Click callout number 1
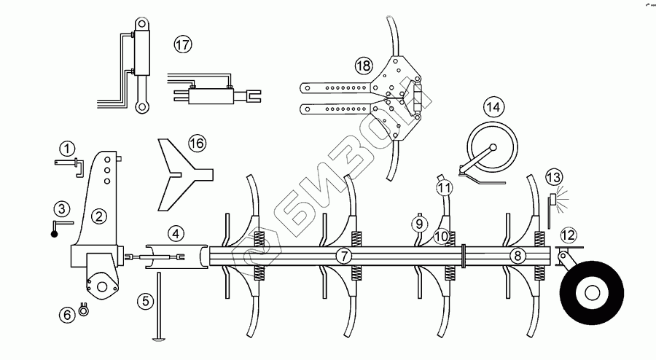68,149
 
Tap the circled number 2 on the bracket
99,216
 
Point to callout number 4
175,234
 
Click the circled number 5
146,299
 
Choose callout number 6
67,315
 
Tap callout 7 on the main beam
343,256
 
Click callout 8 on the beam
517,256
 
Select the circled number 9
419,223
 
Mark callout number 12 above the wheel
568,235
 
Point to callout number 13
555,177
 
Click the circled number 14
493,107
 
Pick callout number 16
198,144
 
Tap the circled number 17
182,44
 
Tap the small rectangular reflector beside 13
553,198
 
